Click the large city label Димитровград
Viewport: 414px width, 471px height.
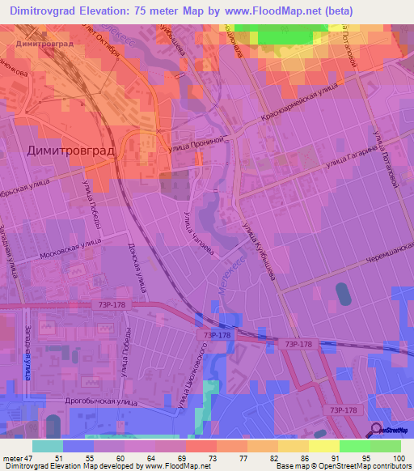click(x=71, y=151)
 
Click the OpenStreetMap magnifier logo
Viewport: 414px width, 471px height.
click(x=377, y=430)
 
